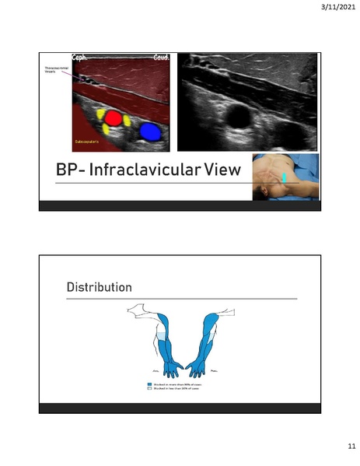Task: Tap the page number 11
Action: coord(341,447)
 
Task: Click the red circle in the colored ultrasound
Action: coord(114,118)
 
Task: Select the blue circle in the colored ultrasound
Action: coord(150,131)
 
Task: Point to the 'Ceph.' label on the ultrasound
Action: coord(82,58)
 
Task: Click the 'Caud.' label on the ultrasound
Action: coord(161,58)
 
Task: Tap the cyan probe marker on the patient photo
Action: coord(285,178)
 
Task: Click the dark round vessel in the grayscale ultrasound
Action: coord(233,117)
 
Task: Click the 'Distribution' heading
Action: coord(100,288)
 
